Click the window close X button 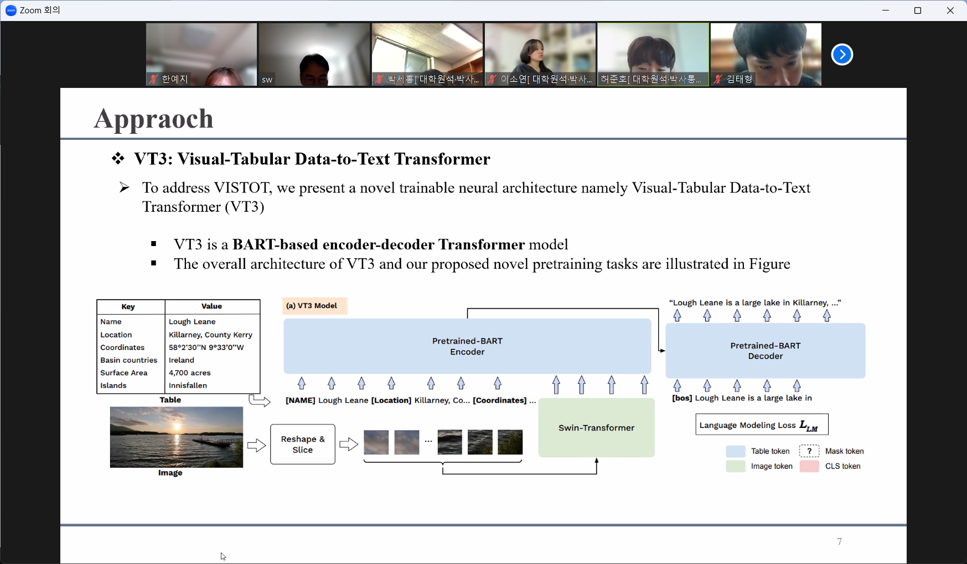coord(950,11)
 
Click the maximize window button coord(918,11)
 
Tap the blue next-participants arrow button coord(842,54)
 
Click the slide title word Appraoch coord(154,118)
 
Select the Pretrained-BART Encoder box coord(467,346)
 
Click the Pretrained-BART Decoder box coord(765,351)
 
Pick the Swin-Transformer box coord(596,427)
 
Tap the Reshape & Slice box coord(303,444)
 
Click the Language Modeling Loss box coord(762,425)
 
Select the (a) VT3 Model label coord(312,306)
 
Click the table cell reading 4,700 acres coord(190,373)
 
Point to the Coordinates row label coord(122,347)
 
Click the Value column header coord(211,306)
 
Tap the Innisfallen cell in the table coord(188,385)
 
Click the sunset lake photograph coord(176,437)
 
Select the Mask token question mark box coord(809,451)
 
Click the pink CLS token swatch coord(809,466)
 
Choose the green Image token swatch coord(735,466)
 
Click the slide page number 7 coord(839,541)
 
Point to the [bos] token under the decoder coord(682,398)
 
